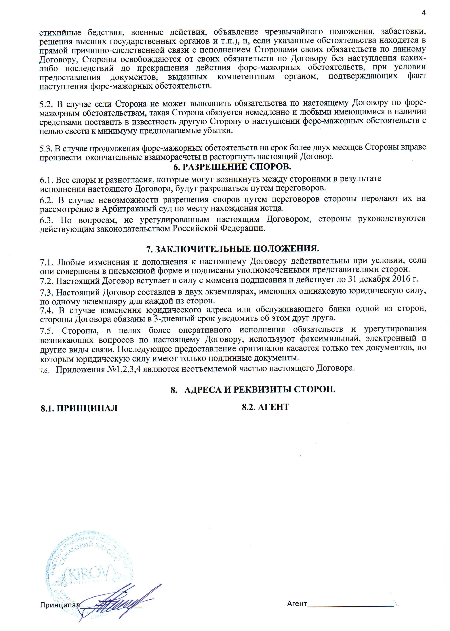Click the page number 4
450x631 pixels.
pos(423,13)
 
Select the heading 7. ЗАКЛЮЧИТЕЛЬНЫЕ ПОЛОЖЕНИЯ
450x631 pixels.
pos(233,249)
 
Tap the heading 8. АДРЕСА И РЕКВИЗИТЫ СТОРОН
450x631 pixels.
pos(253,389)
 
